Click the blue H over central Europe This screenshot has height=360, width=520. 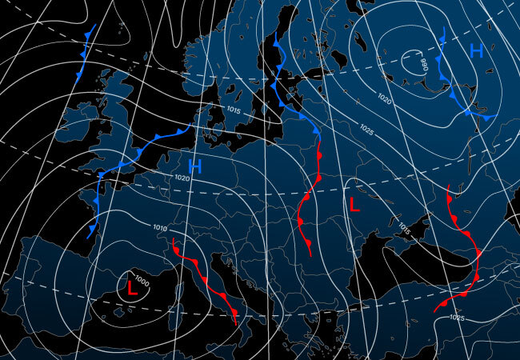pyautogui.click(x=194, y=166)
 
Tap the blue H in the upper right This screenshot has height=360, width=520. pyautogui.click(x=476, y=52)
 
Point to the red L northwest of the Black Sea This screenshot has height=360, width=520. pyautogui.click(x=354, y=204)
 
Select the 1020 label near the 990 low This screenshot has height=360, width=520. pyautogui.click(x=385, y=101)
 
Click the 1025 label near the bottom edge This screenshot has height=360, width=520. pyautogui.click(x=457, y=318)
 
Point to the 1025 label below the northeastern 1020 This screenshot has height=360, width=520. pyautogui.click(x=367, y=129)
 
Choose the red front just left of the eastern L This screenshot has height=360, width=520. pyautogui.click(x=307, y=200)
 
